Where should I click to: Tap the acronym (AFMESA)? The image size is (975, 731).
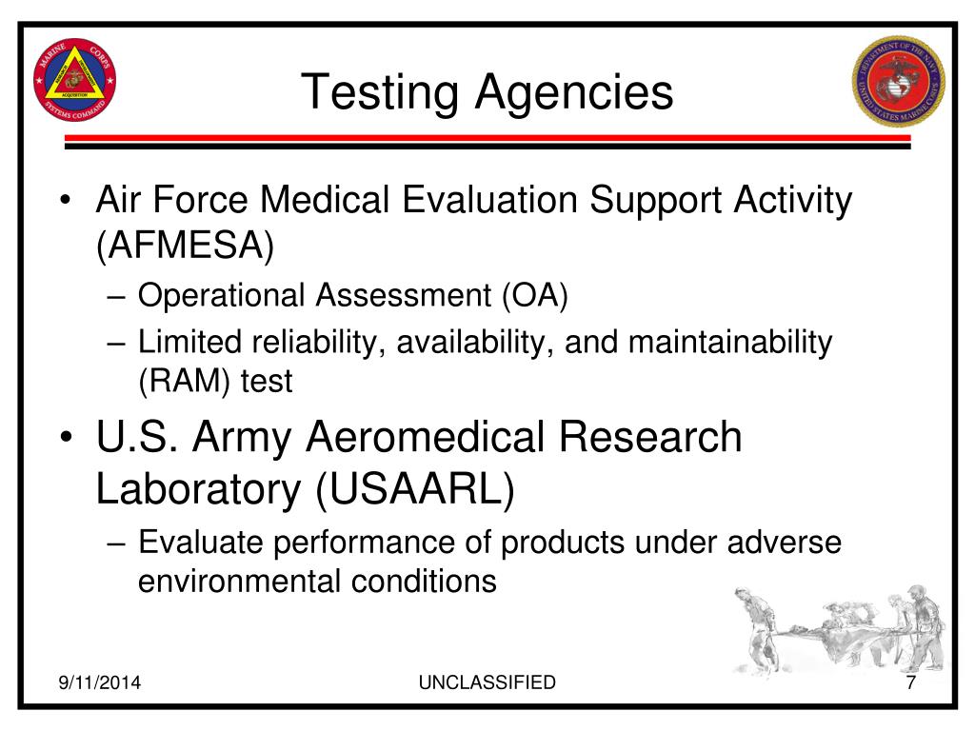pyautogui.click(x=185, y=247)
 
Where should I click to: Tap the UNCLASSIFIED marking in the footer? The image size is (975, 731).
pyautogui.click(x=487, y=682)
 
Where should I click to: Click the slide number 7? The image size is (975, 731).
pyautogui.click(x=910, y=682)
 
